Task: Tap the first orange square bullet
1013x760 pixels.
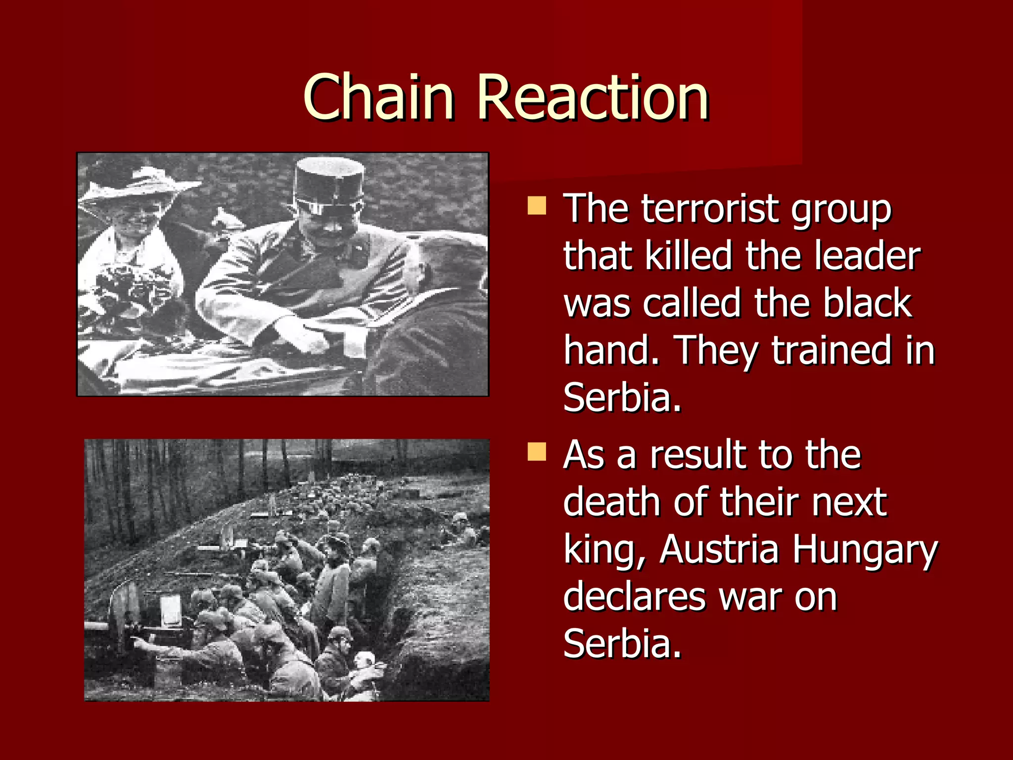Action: [537, 206]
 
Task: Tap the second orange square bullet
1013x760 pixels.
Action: [537, 452]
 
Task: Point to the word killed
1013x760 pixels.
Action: [689, 256]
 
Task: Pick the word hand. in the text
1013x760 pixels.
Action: [611, 350]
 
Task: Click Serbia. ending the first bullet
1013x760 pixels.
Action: [622, 397]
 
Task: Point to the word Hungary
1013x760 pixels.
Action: [865, 550]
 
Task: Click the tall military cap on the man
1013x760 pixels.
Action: [328, 183]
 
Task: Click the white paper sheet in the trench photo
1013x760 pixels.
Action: [171, 611]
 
